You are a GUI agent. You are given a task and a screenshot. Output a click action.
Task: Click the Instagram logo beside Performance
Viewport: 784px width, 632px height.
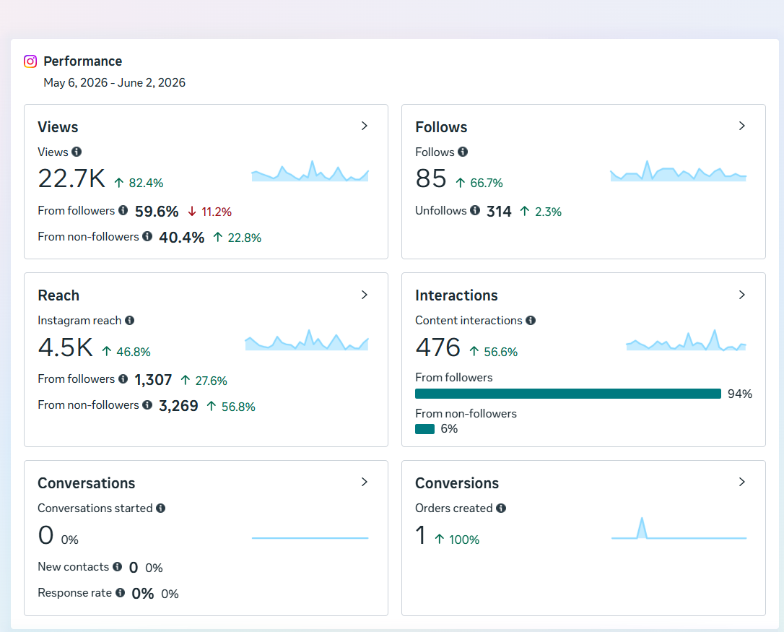30,61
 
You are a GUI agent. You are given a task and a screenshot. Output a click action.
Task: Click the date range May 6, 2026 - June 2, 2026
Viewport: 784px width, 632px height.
115,82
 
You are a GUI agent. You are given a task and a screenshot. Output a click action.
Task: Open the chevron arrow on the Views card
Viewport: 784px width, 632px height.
365,126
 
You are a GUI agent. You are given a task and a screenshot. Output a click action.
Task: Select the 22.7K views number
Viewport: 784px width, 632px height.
71,178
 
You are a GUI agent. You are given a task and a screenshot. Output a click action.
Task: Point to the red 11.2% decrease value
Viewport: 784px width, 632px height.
217,212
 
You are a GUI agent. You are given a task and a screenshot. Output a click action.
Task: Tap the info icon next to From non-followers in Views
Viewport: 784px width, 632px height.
147,236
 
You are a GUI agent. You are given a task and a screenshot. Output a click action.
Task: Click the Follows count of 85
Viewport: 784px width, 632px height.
430,178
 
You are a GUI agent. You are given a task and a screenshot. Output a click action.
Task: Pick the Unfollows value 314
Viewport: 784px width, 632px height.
499,212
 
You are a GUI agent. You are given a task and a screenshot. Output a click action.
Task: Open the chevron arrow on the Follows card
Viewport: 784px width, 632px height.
742,126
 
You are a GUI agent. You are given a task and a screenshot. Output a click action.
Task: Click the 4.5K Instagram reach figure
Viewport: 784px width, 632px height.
66,347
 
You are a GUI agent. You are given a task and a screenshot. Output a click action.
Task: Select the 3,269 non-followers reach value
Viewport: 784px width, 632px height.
178,406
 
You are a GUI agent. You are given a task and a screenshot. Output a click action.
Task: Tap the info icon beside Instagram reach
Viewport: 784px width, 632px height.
129,320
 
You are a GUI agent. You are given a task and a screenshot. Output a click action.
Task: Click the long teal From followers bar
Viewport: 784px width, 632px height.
568,394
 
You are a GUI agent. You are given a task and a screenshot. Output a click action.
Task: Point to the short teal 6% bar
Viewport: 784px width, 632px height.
424,429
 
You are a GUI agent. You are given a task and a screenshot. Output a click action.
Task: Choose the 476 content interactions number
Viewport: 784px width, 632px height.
438,347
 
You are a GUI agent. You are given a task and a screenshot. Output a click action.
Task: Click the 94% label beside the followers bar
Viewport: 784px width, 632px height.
740,394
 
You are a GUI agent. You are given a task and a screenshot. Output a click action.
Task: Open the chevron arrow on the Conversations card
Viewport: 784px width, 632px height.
365,482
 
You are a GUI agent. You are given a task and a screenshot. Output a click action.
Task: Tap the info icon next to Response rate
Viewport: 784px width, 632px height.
120,592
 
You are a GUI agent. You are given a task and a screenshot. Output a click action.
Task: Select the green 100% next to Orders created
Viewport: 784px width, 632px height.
464,540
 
